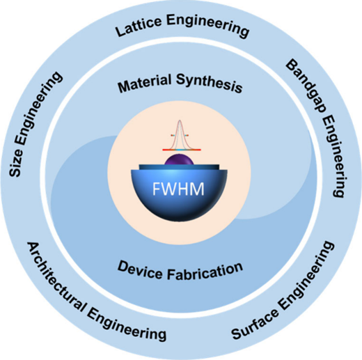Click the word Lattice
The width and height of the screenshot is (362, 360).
point(139,26)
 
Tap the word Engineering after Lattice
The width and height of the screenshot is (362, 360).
point(208,25)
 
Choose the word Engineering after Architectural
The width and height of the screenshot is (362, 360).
point(127,326)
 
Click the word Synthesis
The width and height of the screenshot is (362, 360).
point(210,83)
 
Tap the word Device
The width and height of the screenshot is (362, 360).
point(140,269)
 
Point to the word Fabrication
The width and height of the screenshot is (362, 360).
point(205,272)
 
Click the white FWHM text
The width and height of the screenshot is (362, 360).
point(178,189)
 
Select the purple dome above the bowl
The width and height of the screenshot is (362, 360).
point(179,159)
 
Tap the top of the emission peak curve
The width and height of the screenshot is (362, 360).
point(180,120)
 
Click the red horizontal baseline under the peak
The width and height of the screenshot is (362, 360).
point(182,150)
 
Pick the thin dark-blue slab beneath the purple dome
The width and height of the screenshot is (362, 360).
point(179,167)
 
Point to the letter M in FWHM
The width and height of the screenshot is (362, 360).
point(197,189)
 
